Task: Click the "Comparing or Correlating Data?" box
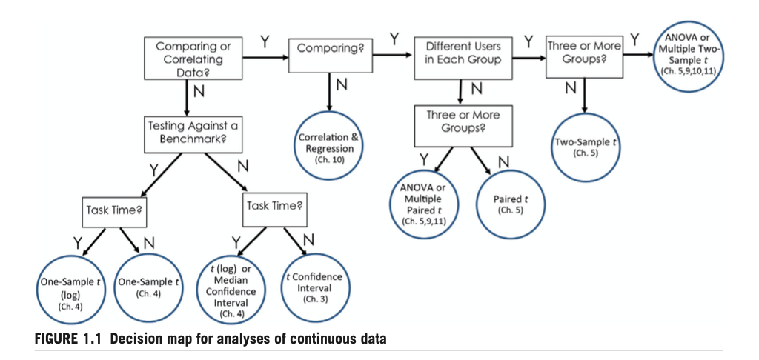(193, 59)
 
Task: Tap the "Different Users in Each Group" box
(463, 53)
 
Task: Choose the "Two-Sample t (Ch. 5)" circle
(585, 145)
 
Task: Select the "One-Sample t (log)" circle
(70, 291)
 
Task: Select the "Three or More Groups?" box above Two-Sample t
(584, 53)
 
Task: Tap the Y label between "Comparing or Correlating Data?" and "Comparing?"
(265, 39)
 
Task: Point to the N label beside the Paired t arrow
(504, 161)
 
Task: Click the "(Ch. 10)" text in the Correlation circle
(326, 159)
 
